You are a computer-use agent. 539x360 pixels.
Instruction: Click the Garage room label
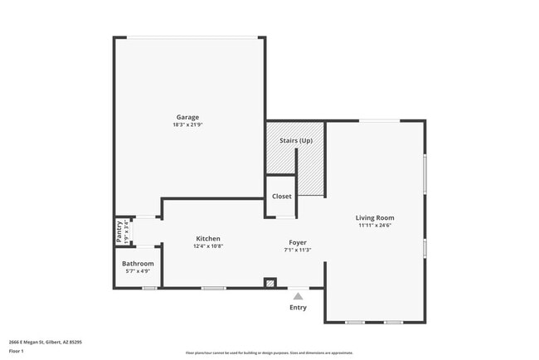click(x=187, y=117)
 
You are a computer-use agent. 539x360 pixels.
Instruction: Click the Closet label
click(x=281, y=197)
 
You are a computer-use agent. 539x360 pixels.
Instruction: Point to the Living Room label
click(x=375, y=217)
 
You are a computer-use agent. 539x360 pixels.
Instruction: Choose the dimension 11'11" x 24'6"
click(x=375, y=225)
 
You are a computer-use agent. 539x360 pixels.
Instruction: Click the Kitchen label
click(x=208, y=238)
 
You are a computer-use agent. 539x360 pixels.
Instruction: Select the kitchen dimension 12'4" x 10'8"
click(x=208, y=246)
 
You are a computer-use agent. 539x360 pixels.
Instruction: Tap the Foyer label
click(x=298, y=242)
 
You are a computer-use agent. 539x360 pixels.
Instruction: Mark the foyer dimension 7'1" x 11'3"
click(x=298, y=250)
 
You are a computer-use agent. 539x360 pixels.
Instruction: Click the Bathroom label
click(x=138, y=264)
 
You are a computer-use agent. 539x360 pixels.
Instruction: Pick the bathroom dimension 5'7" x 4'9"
click(x=138, y=271)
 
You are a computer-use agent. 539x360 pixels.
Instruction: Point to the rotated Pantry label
click(x=119, y=232)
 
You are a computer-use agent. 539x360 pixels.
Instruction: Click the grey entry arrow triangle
click(x=298, y=294)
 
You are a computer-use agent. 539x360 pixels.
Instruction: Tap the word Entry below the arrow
click(x=298, y=308)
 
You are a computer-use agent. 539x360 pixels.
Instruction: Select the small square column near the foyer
click(x=269, y=283)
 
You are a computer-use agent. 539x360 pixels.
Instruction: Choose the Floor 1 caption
click(x=17, y=351)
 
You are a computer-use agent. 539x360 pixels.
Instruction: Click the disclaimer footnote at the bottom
click(x=269, y=353)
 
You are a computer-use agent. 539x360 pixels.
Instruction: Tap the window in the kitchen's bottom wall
click(x=213, y=288)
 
